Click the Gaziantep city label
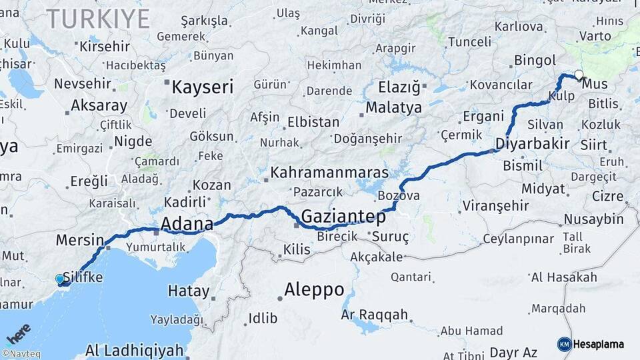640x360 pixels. tap(343, 216)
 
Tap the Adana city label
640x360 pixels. tap(187, 223)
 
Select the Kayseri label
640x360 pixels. tap(202, 87)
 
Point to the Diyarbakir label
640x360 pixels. tap(532, 143)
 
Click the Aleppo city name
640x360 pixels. tap(314, 290)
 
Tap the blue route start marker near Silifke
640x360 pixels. tap(60, 279)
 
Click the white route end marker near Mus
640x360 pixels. tap(579, 75)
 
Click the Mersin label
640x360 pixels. tap(79, 239)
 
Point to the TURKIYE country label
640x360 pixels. tap(98, 19)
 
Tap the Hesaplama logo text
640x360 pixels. tap(598, 344)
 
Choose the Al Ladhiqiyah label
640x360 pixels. tap(134, 349)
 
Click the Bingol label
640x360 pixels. tap(530, 61)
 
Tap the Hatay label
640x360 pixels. tap(188, 291)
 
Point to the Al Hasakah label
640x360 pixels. tap(564, 277)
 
